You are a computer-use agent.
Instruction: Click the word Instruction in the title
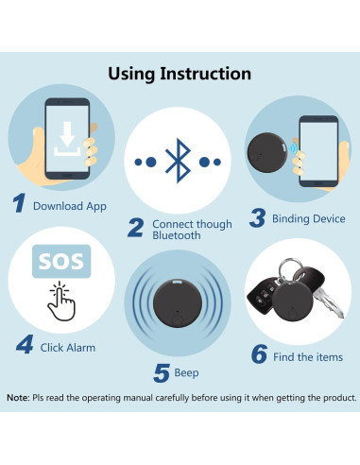tap(205, 74)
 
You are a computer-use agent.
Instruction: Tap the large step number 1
tap(19, 203)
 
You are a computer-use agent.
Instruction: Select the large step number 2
tap(135, 228)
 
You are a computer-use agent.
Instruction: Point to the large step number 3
tap(257, 218)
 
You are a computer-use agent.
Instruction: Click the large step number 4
tap(25, 344)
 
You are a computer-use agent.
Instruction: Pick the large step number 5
tap(162, 373)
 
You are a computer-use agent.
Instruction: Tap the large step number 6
tap(260, 354)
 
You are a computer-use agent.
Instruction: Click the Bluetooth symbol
tap(178, 161)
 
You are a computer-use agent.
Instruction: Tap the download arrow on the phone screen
tap(67, 134)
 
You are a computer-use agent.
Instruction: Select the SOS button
tap(61, 261)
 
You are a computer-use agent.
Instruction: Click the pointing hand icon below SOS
tap(61, 301)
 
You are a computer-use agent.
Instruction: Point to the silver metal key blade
tap(329, 303)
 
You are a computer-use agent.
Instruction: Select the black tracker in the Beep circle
tap(178, 303)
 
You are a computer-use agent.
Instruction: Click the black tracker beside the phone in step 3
tap(267, 152)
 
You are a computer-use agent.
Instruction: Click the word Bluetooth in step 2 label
tap(177, 235)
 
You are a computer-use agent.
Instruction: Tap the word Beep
tap(186, 373)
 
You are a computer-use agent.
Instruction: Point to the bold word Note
tap(18, 398)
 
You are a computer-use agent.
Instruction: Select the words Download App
tap(70, 206)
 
